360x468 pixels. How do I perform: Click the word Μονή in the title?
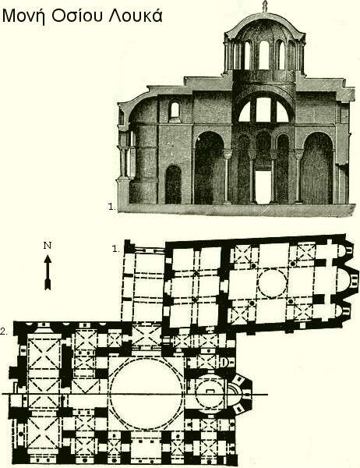tap(24, 16)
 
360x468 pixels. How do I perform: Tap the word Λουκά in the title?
tap(136, 16)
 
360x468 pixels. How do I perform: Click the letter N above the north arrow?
tap(48, 246)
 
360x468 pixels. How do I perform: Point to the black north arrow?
tap(48, 272)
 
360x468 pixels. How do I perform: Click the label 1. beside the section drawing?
tap(112, 207)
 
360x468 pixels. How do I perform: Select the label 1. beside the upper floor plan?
tap(116, 249)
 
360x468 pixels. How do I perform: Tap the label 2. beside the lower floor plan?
tap(4, 331)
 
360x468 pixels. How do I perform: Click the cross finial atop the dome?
tap(264, 6)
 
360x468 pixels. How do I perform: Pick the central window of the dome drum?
tap(264, 55)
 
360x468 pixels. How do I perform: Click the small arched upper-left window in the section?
tap(175, 110)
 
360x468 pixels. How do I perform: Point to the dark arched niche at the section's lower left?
tap(173, 185)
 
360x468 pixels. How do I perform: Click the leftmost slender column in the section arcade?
tap(228, 178)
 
